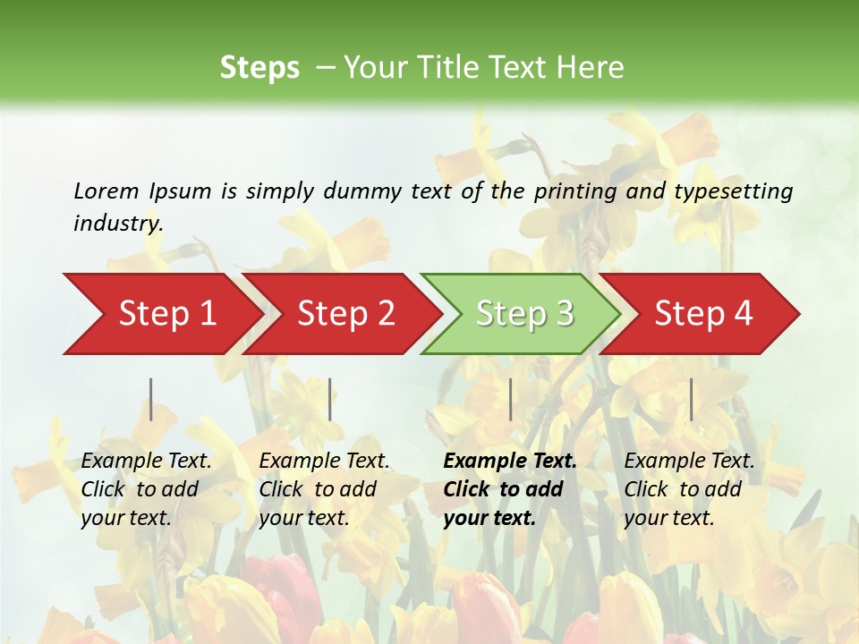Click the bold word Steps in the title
tap(259, 68)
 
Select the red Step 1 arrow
tap(161, 314)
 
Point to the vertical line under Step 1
tap(151, 399)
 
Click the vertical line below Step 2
tap(330, 399)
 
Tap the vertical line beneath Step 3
tap(511, 399)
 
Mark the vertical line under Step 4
tap(691, 399)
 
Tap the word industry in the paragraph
tap(118, 224)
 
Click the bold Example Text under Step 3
tap(510, 462)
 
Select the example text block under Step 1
tap(146, 489)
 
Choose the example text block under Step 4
tap(689, 489)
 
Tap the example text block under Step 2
tap(324, 489)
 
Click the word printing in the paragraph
tap(574, 191)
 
